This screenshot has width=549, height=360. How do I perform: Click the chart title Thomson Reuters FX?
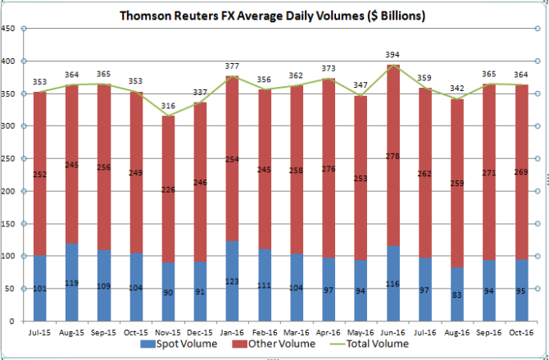(273, 16)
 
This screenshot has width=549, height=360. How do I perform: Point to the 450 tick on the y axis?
(9, 29)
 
